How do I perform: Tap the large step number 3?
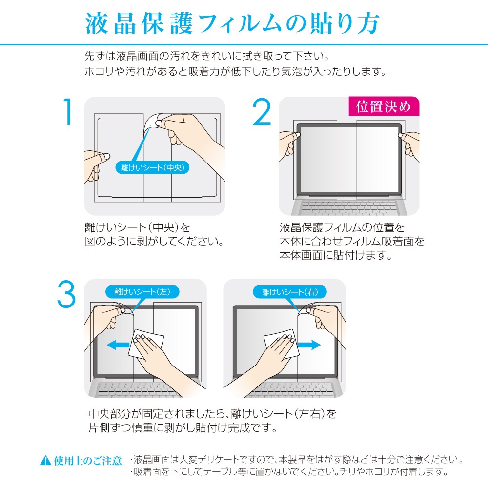(66, 294)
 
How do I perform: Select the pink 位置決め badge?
(384, 106)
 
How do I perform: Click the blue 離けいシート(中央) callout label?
(152, 168)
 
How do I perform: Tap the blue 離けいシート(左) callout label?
(142, 292)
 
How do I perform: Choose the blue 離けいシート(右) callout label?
(290, 292)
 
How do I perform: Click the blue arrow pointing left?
(118, 345)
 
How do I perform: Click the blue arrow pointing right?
(309, 345)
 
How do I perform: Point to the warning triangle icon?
(46, 460)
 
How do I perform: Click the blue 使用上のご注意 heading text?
(87, 461)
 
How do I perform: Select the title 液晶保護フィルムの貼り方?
(232, 23)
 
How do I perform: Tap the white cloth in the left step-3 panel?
(146, 343)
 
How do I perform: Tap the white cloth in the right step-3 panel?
(282, 343)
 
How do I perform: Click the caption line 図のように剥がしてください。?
(154, 241)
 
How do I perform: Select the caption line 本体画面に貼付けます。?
(336, 255)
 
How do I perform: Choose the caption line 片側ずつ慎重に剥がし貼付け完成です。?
(183, 428)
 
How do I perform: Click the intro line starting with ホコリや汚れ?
(236, 72)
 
